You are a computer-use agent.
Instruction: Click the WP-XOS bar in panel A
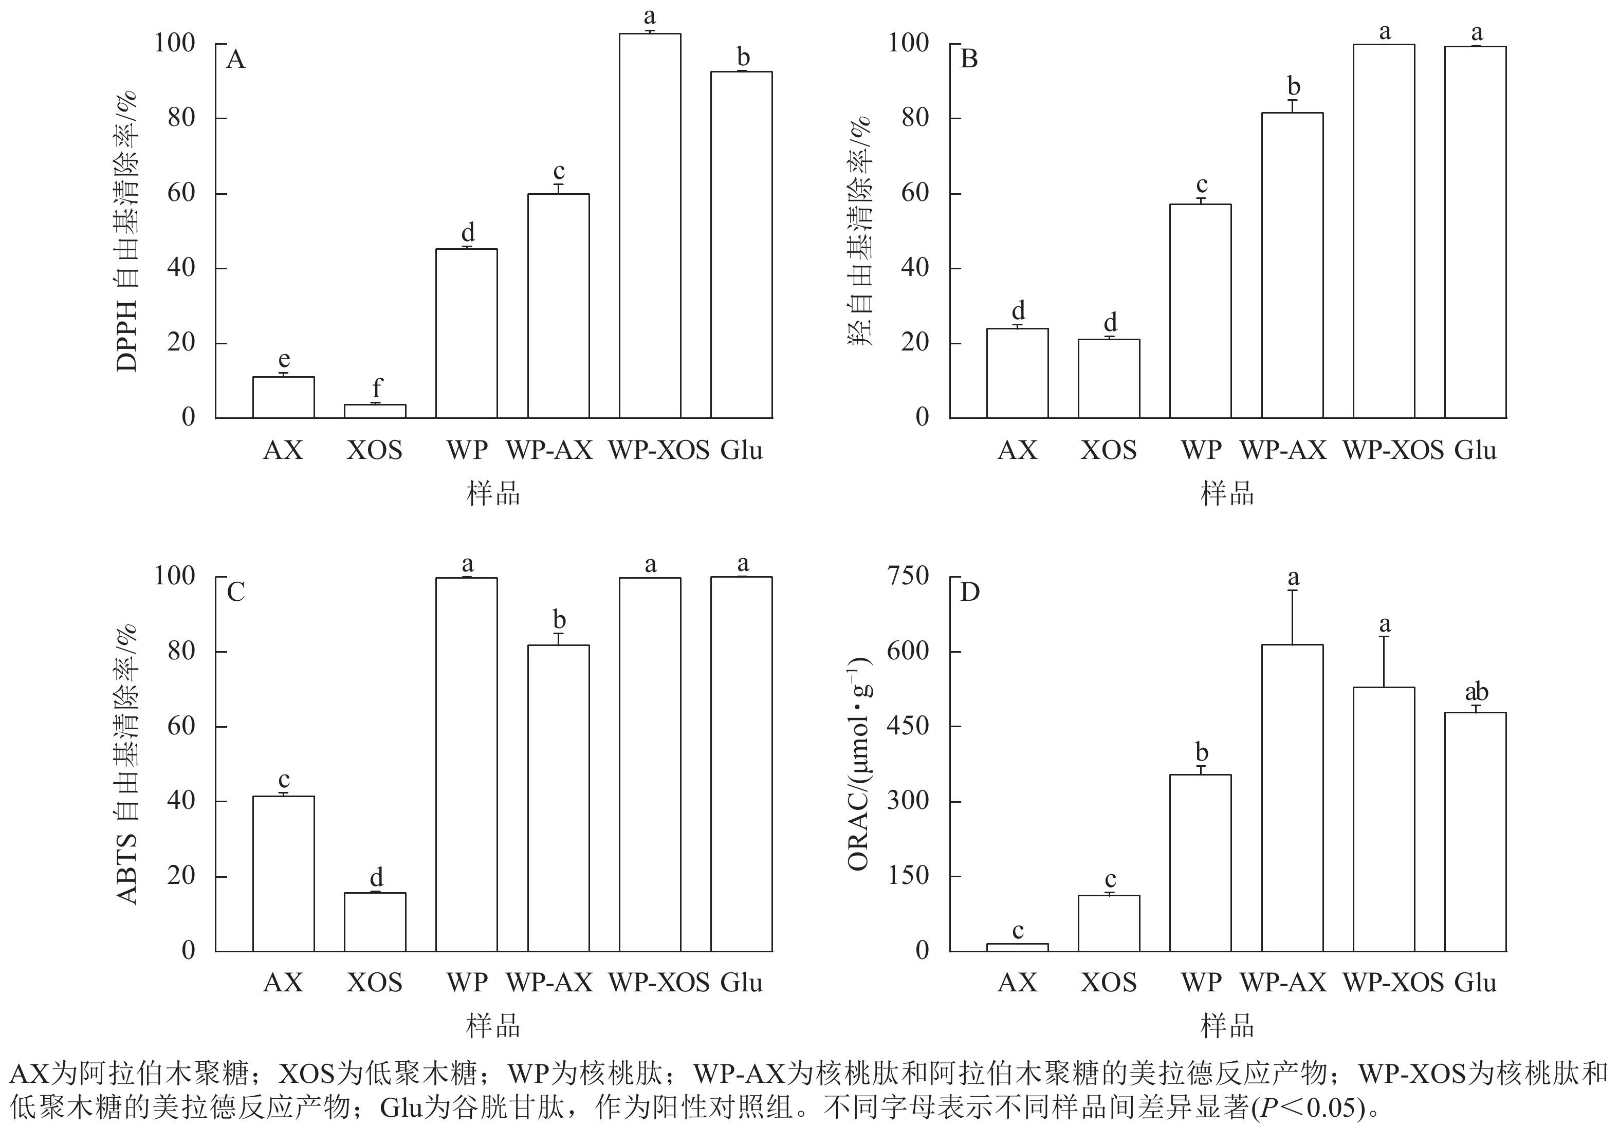[x=650, y=226]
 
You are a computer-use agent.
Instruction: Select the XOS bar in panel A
[x=375, y=411]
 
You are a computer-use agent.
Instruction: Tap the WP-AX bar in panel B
[x=1292, y=265]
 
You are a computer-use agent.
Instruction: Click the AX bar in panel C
[x=284, y=874]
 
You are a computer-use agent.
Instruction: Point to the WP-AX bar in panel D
[x=1292, y=798]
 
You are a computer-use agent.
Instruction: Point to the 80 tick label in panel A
[x=180, y=118]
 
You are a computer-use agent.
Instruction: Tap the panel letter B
[x=969, y=59]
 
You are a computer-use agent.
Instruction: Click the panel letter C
[x=235, y=592]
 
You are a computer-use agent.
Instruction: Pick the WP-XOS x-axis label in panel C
[x=658, y=982]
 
